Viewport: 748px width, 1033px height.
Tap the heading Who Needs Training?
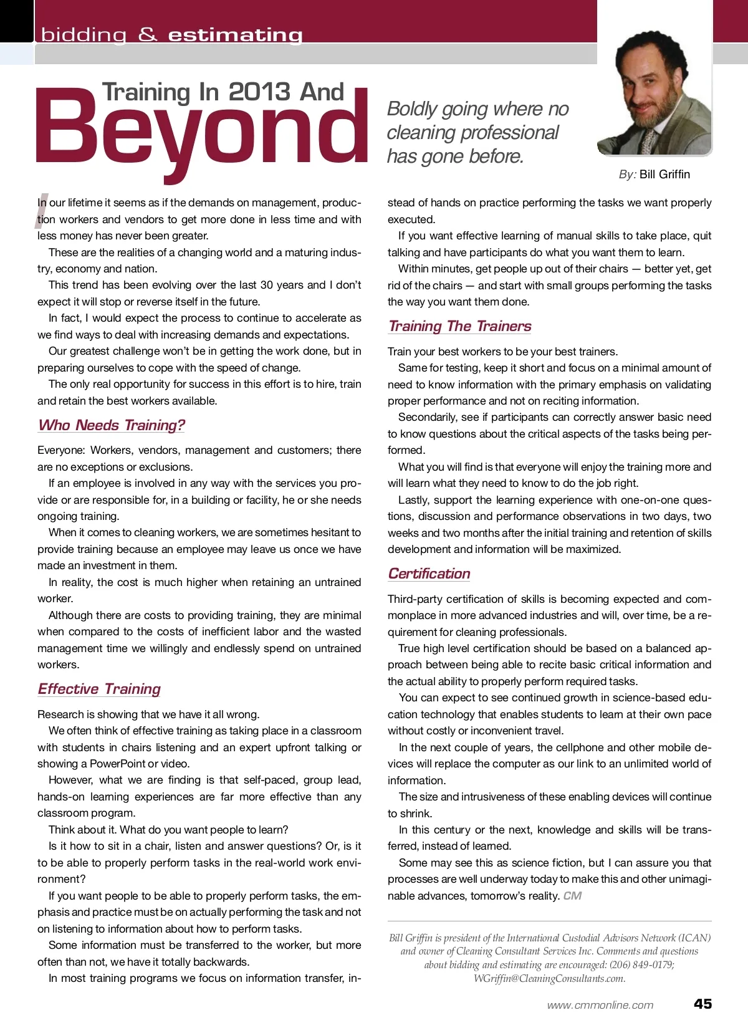coord(112,425)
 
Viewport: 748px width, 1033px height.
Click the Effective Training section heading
coord(99,689)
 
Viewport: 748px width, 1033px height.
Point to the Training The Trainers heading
coord(459,326)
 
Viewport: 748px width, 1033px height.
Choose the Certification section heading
coord(429,574)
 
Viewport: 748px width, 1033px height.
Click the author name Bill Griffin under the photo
coord(664,175)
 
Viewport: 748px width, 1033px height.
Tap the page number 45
coord(702,1004)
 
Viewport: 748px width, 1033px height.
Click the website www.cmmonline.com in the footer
coord(600,1005)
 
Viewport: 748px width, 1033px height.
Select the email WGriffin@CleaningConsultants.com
coord(549,978)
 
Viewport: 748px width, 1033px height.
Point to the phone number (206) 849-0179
coord(641,965)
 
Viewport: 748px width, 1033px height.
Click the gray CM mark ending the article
coord(572,896)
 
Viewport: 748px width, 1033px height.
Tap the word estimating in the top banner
coord(235,35)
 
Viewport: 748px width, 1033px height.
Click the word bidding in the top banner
coord(84,35)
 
